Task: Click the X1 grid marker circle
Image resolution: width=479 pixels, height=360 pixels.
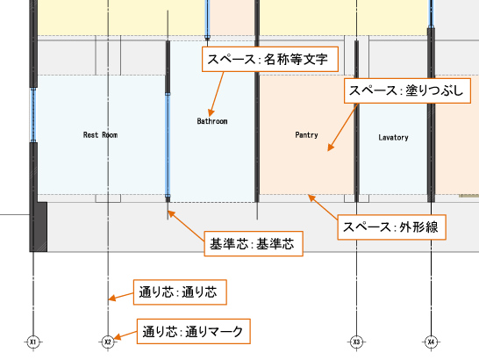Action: (x=33, y=342)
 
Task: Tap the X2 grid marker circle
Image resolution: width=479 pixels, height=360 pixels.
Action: (x=108, y=342)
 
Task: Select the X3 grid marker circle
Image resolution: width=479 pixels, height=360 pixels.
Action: (x=356, y=342)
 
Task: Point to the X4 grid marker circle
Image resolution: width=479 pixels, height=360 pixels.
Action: (x=431, y=342)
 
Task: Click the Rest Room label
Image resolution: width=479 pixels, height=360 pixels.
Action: (x=100, y=135)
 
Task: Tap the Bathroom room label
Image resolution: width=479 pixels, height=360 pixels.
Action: (x=212, y=121)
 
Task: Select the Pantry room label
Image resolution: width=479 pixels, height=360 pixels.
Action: (x=306, y=135)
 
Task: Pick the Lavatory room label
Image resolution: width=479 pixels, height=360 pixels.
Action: (x=393, y=137)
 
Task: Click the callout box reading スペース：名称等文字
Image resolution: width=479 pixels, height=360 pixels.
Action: (x=270, y=59)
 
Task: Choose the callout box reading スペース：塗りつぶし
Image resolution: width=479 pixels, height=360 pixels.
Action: (x=407, y=90)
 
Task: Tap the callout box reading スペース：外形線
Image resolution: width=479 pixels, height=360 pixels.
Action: (x=391, y=227)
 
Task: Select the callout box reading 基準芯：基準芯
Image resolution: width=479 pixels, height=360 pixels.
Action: (x=254, y=244)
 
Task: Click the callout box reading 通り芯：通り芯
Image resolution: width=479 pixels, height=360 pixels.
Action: (x=180, y=292)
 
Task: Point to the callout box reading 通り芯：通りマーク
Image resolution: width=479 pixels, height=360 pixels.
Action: (x=193, y=331)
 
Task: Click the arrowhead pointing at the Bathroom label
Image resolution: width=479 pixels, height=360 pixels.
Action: (x=211, y=112)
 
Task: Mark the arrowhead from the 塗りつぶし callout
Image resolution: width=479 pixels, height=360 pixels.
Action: (x=331, y=148)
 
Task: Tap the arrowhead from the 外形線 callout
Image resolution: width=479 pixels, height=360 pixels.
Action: (x=311, y=198)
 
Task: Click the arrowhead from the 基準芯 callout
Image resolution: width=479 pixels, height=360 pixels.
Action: (x=171, y=213)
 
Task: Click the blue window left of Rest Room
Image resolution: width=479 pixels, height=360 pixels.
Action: (x=33, y=115)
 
